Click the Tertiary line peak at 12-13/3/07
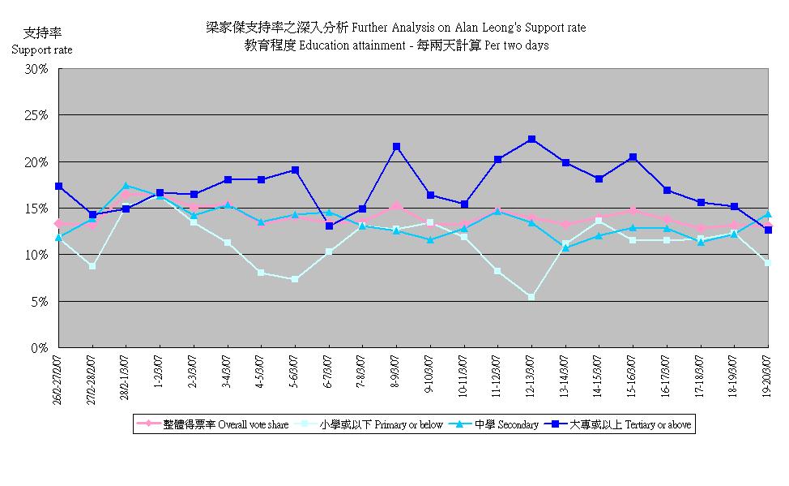point(531,140)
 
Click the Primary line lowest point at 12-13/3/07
point(531,297)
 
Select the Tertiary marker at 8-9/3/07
point(396,147)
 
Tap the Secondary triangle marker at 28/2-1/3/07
point(126,186)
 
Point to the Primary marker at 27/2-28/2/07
point(92,266)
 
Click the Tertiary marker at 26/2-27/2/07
point(58,186)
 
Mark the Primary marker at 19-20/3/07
point(768,263)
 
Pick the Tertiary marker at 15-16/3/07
point(633,157)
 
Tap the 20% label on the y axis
point(36,162)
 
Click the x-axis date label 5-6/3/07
point(295,372)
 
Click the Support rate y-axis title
point(41,49)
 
